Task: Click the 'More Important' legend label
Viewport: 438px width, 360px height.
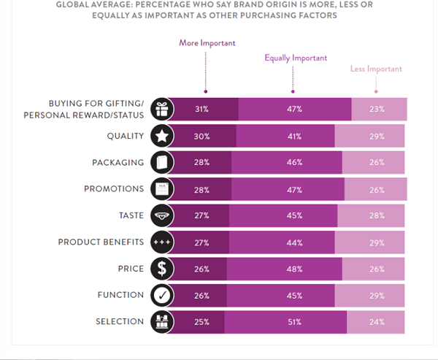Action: [207, 43]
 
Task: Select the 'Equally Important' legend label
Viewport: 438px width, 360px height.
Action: [296, 58]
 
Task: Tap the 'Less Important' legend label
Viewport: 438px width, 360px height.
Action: [375, 69]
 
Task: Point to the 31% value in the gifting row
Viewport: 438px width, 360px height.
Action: [202, 109]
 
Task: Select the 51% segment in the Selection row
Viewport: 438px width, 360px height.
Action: [294, 322]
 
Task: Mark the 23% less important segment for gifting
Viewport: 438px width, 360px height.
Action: [378, 109]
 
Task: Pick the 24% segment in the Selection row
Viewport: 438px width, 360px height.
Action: [375, 322]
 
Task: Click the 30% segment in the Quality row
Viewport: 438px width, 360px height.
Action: [202, 136]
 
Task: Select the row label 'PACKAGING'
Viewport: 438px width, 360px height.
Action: [118, 162]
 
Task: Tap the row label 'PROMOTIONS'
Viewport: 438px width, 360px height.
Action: [114, 188]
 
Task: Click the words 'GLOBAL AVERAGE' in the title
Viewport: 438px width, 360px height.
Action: [94, 4]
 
